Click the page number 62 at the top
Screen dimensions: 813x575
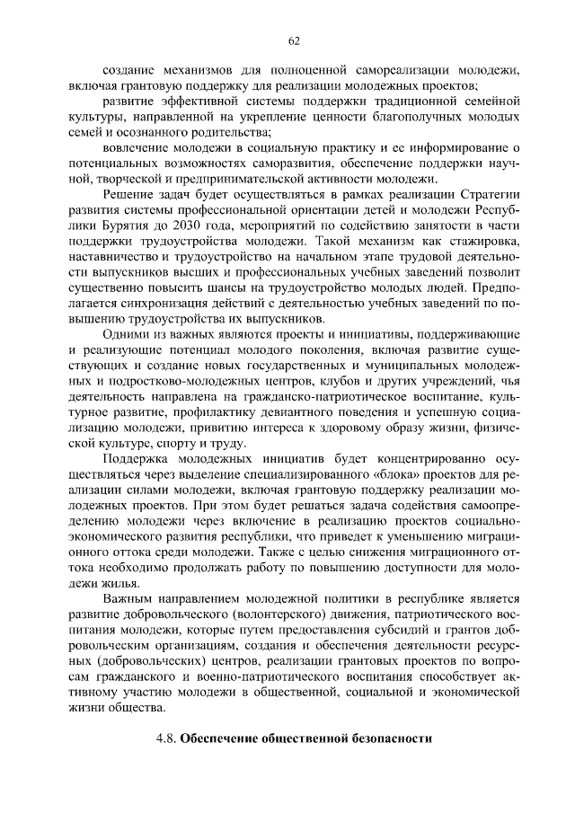click(293, 40)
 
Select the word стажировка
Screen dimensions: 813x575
click(482, 250)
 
